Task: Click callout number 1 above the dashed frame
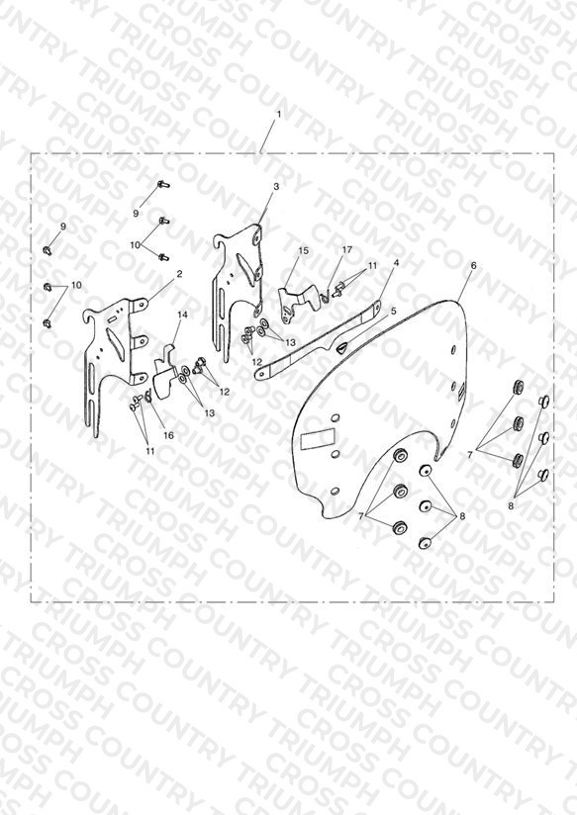(x=279, y=115)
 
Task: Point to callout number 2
(x=179, y=273)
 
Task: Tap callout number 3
(x=276, y=186)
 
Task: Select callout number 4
(x=397, y=263)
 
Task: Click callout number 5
(x=393, y=311)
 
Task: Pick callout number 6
(x=473, y=265)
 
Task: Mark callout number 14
(x=182, y=315)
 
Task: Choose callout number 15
(x=303, y=250)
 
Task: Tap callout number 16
(x=168, y=435)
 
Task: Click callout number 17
(x=347, y=249)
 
